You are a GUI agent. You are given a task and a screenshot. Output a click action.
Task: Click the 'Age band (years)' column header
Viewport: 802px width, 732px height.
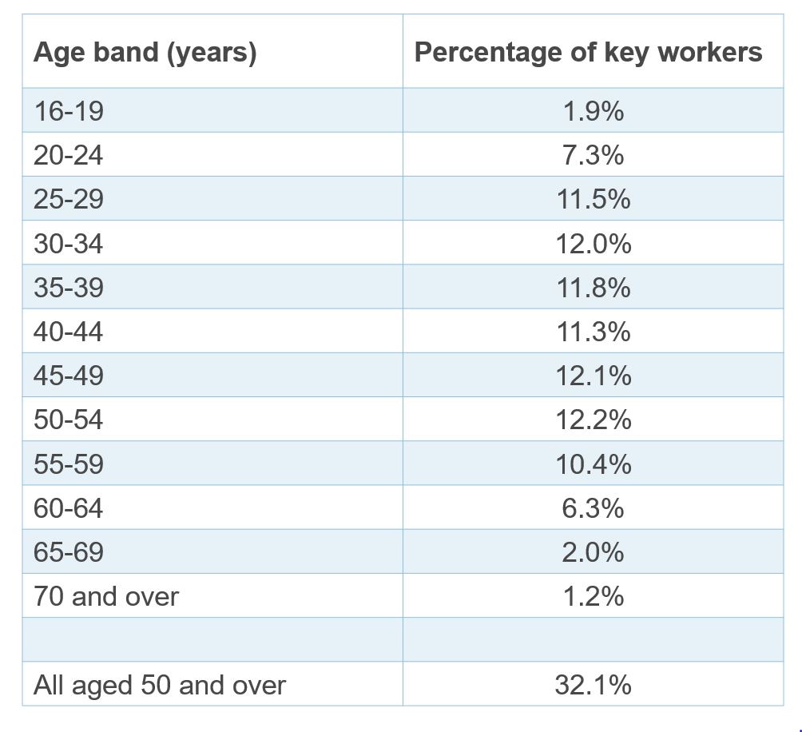145,53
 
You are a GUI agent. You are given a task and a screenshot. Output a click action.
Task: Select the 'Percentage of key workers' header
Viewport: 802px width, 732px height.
588,53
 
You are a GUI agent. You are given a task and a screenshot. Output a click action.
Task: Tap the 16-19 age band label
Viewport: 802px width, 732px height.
69,111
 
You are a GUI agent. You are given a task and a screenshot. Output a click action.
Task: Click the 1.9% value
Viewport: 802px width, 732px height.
593,111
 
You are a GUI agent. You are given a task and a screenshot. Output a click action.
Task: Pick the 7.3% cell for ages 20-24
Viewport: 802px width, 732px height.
593,155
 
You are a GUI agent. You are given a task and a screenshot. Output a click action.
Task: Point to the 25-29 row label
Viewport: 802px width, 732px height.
69,199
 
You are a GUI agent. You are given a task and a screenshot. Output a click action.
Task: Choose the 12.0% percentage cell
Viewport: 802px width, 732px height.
593,243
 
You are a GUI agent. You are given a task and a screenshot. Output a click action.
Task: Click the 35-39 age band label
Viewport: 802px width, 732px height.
69,288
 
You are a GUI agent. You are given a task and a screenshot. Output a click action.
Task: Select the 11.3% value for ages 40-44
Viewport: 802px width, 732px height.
593,332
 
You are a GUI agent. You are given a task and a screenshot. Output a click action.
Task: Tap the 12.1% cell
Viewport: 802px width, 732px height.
593,376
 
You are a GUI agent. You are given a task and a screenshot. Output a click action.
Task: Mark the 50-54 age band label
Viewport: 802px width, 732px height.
69,420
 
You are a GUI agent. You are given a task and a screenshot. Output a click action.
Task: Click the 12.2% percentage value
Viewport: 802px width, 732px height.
593,420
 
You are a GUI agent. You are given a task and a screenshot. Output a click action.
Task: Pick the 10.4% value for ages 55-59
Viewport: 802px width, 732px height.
593,464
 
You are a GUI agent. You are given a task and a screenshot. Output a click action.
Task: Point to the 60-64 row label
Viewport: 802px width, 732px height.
69,508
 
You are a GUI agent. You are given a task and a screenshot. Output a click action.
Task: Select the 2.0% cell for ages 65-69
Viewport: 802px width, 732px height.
593,552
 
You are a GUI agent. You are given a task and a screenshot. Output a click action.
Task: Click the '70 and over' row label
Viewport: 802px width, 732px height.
106,596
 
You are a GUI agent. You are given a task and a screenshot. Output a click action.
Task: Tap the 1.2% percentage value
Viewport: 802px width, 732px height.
593,596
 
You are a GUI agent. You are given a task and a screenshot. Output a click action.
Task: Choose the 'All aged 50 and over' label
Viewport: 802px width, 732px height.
159,685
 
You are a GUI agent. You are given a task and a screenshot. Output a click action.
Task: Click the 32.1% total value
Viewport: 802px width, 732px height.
593,685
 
